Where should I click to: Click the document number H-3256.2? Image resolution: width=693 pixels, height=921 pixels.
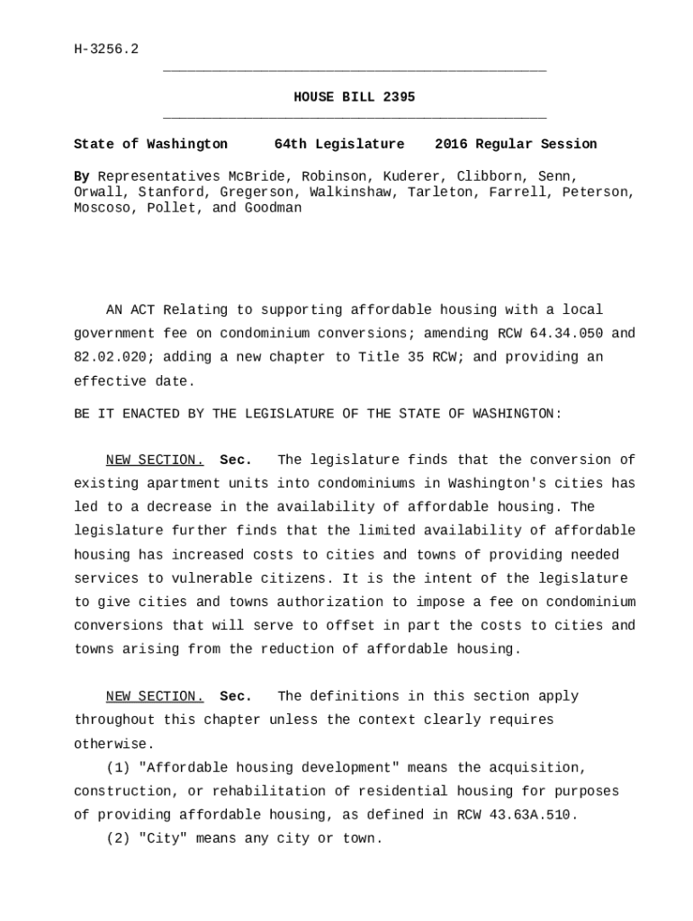106,49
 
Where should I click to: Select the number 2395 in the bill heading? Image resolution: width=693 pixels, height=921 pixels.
399,97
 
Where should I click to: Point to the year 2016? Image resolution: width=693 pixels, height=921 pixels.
451,144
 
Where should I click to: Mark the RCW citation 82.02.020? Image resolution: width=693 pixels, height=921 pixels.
110,357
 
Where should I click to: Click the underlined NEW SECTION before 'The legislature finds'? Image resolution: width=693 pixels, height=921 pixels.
155,460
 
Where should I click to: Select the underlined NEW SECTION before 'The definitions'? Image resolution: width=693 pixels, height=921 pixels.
155,696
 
